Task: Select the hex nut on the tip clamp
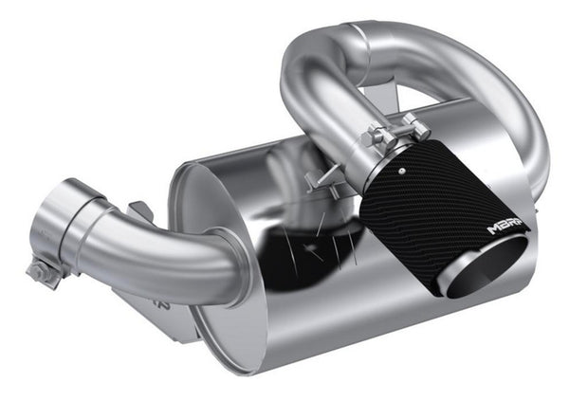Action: tap(412, 122)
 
